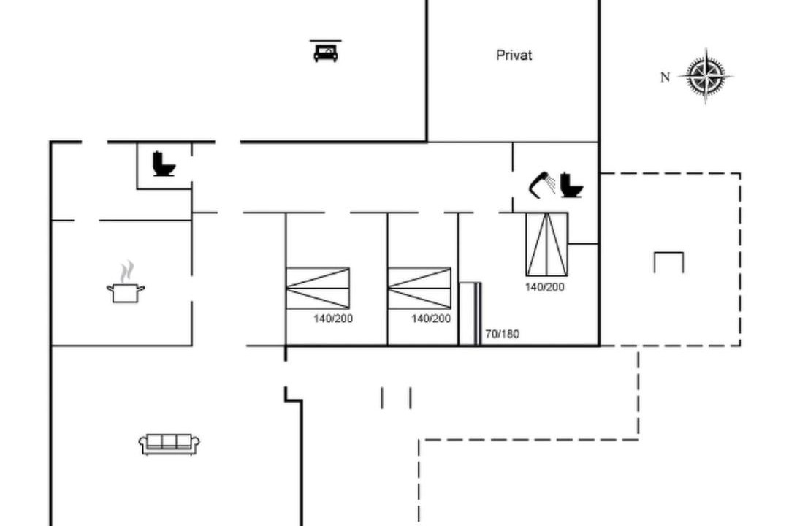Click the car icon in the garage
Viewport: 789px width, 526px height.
pyautogui.click(x=326, y=53)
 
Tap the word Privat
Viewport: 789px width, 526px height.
pyautogui.click(x=514, y=56)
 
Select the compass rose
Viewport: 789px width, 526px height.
pyautogui.click(x=706, y=77)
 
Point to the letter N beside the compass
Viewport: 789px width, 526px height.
pyautogui.click(x=666, y=77)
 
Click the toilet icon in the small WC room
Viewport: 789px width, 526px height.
pyautogui.click(x=164, y=164)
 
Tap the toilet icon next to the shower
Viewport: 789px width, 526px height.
pyautogui.click(x=571, y=185)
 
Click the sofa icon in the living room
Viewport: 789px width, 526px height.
pyautogui.click(x=169, y=444)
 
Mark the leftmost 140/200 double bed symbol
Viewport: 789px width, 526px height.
pyautogui.click(x=318, y=288)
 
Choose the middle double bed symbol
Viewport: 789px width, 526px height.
pyautogui.click(x=419, y=288)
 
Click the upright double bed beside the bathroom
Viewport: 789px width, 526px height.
pyautogui.click(x=547, y=245)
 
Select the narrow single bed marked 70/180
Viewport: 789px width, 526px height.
pyautogui.click(x=470, y=313)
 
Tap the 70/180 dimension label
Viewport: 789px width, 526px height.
pyautogui.click(x=502, y=334)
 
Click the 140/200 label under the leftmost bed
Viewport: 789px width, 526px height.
pyautogui.click(x=333, y=319)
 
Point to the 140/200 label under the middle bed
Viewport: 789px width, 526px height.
pyautogui.click(x=431, y=319)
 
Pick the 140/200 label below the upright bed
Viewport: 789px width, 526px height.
pyautogui.click(x=544, y=287)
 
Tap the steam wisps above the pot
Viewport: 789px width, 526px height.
pyautogui.click(x=127, y=271)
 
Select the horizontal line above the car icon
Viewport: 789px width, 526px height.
pyautogui.click(x=326, y=41)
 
